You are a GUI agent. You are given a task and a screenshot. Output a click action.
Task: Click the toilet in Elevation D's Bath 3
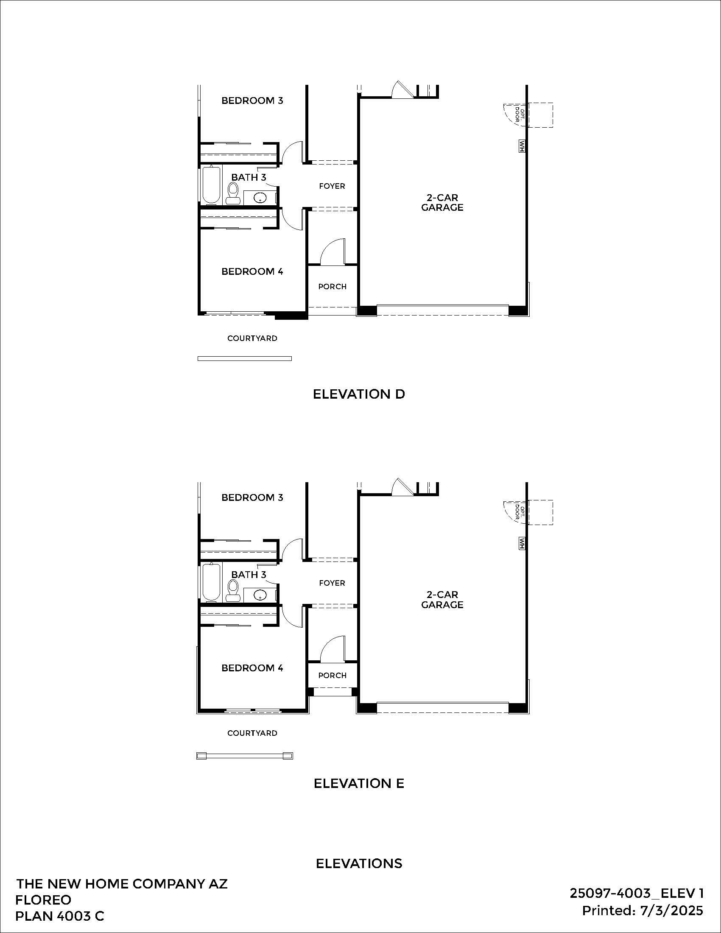(x=233, y=193)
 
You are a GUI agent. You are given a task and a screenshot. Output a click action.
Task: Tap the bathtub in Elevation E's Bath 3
(x=211, y=581)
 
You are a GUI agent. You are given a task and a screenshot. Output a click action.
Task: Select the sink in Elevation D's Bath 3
(x=260, y=198)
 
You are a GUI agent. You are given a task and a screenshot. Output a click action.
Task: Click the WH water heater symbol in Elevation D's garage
(x=522, y=146)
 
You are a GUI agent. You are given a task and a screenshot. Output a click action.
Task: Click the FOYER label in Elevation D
(x=332, y=186)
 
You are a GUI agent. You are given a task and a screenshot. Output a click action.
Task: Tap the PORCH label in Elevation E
(x=332, y=676)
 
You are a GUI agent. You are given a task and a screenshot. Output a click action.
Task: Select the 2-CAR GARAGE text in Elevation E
(x=442, y=599)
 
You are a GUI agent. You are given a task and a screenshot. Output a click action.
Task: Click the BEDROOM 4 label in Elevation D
(x=252, y=271)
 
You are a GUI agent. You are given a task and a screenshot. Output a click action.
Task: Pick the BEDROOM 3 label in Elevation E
(x=252, y=497)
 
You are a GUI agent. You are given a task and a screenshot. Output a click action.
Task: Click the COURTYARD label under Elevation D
(x=252, y=338)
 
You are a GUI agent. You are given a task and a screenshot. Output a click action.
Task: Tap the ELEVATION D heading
(x=359, y=394)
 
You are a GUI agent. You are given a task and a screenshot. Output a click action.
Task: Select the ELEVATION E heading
(x=359, y=783)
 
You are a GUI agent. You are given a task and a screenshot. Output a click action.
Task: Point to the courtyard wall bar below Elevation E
(x=244, y=756)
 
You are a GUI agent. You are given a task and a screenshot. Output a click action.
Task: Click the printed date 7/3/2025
(x=671, y=911)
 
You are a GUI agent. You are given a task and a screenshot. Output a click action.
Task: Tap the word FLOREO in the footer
(x=43, y=900)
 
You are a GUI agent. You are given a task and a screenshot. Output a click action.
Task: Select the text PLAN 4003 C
(x=59, y=916)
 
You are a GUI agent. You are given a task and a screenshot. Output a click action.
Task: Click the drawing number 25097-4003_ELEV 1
(x=637, y=893)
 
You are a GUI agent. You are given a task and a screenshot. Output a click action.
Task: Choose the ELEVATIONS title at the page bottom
(x=359, y=863)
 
